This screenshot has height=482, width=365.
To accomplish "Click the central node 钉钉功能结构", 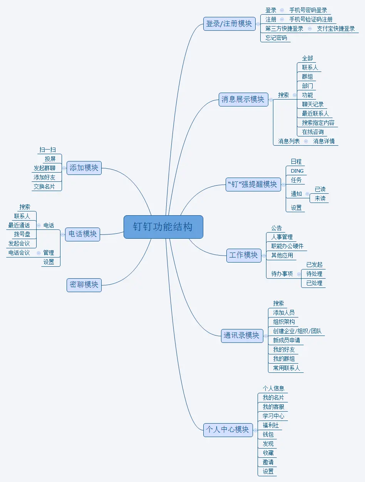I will pyautogui.click(x=163, y=227).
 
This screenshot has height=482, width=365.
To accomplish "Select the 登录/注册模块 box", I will pyautogui.click(x=229, y=23).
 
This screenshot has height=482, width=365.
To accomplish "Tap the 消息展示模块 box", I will pyautogui.click(x=243, y=100).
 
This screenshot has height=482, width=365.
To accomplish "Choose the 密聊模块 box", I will pyautogui.click(x=84, y=285).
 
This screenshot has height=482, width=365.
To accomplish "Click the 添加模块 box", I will pyautogui.click(x=84, y=168).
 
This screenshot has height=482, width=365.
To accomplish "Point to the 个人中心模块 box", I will pyautogui.click(x=228, y=429).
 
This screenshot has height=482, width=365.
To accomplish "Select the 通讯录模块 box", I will pyautogui.click(x=242, y=335).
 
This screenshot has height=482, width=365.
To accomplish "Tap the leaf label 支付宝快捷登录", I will pyautogui.click(x=336, y=28).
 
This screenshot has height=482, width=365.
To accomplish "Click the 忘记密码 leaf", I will pyautogui.click(x=276, y=38).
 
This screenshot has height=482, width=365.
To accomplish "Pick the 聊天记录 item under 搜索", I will pyautogui.click(x=313, y=104).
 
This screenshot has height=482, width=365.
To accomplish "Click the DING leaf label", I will pyautogui.click(x=297, y=171).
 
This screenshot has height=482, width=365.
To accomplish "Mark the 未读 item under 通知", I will pyautogui.click(x=320, y=198).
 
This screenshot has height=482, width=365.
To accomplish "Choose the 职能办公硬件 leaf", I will pyautogui.click(x=287, y=246).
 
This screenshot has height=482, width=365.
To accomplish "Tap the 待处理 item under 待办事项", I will pyautogui.click(x=314, y=274).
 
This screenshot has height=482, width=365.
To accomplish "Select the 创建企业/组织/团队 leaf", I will pyautogui.click(x=297, y=331).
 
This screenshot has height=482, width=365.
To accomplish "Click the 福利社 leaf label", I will pyautogui.click(x=271, y=425).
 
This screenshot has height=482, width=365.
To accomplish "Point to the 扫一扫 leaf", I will pyautogui.click(x=47, y=150).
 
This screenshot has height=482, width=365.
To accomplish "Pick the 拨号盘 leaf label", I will pyautogui.click(x=22, y=234).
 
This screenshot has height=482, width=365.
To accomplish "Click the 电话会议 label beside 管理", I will pyautogui.click(x=19, y=253).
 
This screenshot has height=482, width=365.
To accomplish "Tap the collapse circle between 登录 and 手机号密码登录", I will pyautogui.click(x=282, y=10).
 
